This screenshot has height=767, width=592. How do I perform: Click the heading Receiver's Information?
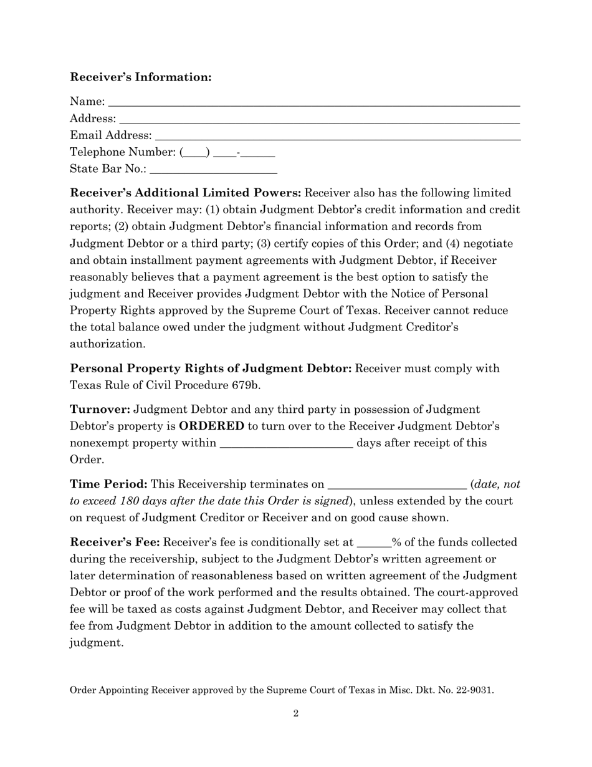click(x=141, y=77)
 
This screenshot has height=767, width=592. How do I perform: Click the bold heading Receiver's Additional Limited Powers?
click(x=186, y=193)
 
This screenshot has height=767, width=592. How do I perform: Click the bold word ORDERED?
click(x=211, y=426)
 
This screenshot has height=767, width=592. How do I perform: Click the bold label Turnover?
click(x=100, y=409)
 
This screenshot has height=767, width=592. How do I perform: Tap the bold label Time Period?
click(x=108, y=484)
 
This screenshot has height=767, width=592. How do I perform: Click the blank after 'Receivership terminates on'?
click(x=396, y=485)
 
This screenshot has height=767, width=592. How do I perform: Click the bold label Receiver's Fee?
click(x=115, y=543)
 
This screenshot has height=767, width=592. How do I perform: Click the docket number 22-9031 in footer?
click(x=474, y=690)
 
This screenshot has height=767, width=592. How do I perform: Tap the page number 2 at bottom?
click(x=296, y=713)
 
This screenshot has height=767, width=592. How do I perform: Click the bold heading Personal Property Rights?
click(x=211, y=368)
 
